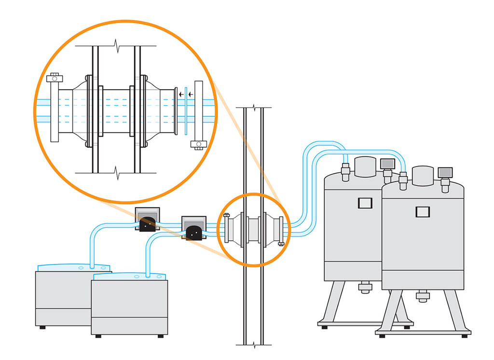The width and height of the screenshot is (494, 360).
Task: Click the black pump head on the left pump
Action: click(x=148, y=224)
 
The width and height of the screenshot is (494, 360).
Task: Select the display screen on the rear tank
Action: click(x=387, y=164)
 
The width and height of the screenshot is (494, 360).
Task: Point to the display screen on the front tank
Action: click(x=445, y=172)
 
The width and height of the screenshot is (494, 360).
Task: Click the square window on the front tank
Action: click(x=423, y=211)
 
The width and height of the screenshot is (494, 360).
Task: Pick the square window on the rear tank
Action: click(x=365, y=203)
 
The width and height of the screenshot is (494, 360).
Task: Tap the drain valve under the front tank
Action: click(x=423, y=296)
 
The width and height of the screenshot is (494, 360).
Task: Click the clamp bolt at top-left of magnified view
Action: click(x=54, y=77)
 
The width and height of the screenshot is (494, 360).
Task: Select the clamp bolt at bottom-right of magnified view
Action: click(x=198, y=144)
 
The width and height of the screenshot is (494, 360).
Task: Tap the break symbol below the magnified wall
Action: click(x=116, y=171)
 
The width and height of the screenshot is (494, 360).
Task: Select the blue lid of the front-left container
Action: click(x=129, y=276)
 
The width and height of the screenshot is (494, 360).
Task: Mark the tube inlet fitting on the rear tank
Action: click(x=345, y=172)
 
